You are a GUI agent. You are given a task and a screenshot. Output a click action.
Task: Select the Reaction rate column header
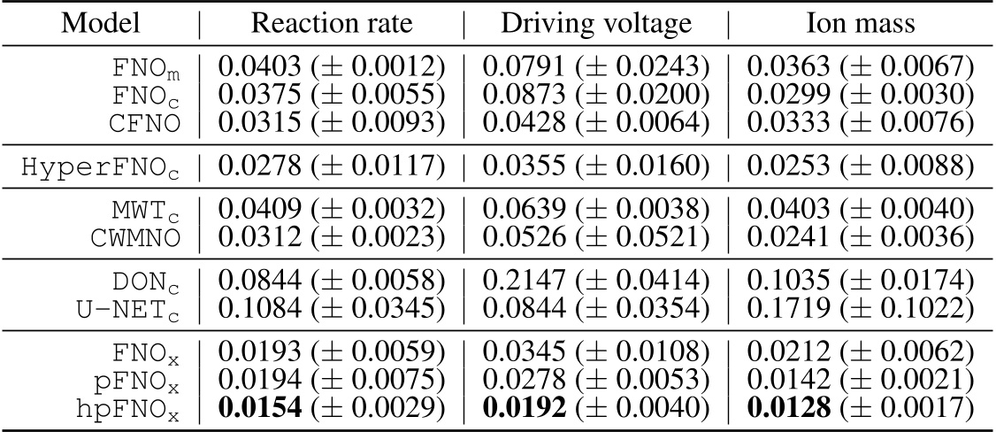click(332, 24)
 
